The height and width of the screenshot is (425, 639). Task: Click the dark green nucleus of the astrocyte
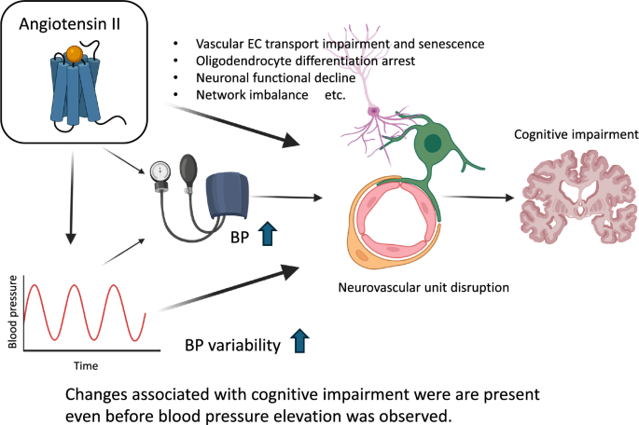[434, 143]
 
